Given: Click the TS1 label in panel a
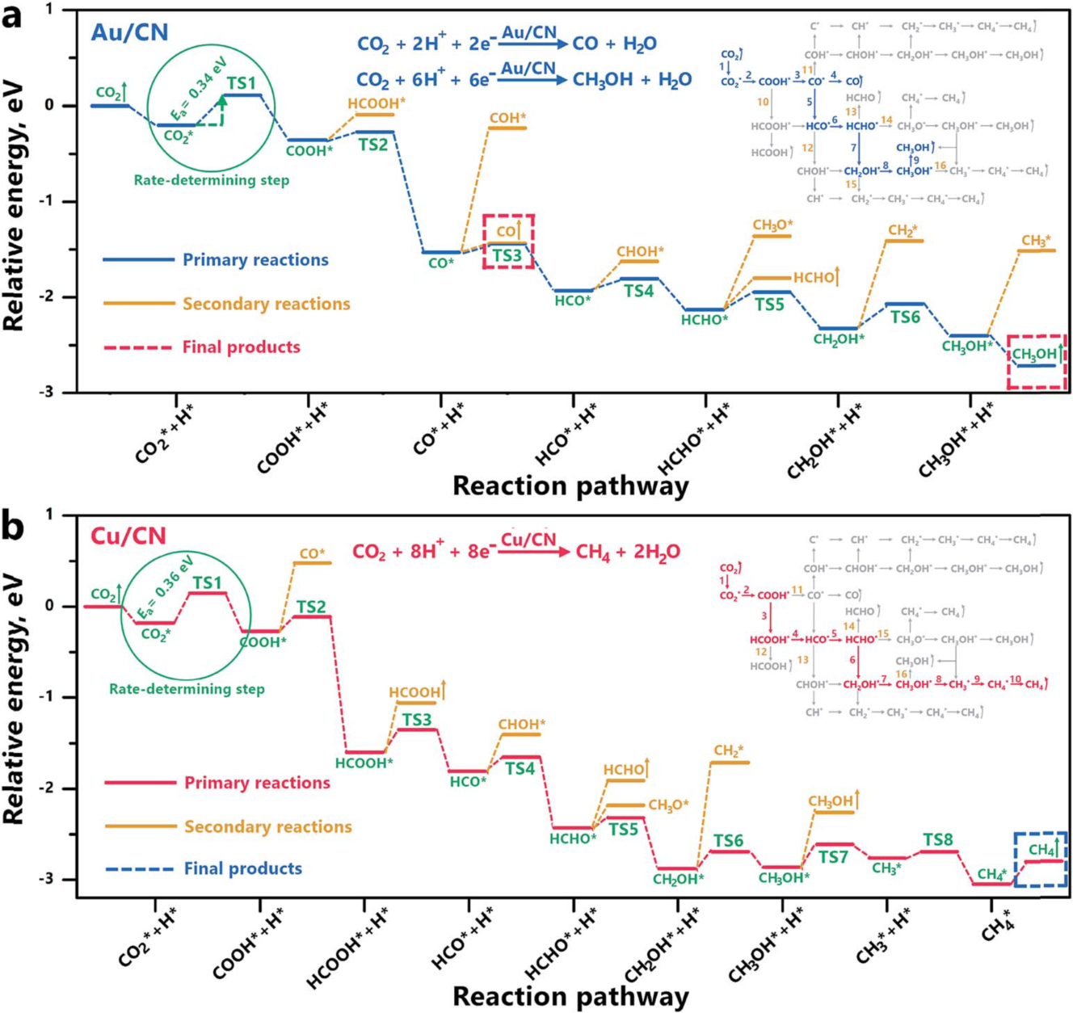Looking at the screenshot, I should pos(241,83).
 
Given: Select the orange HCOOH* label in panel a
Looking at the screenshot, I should pos(377,103).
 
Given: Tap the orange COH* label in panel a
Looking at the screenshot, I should pos(508,118).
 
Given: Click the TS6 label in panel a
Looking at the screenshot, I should pos(905,317).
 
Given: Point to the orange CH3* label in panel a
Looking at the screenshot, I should pos(1037,241).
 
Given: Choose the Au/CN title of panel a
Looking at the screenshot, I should pos(129,32).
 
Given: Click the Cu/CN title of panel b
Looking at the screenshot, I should pos(128,536).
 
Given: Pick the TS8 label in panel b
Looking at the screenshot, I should pos(938,840).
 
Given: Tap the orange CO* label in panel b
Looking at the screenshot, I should pos(312,554).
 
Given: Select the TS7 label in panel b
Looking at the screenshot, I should pos(833,856).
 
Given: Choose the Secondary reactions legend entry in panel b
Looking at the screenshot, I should pos(267,826).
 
